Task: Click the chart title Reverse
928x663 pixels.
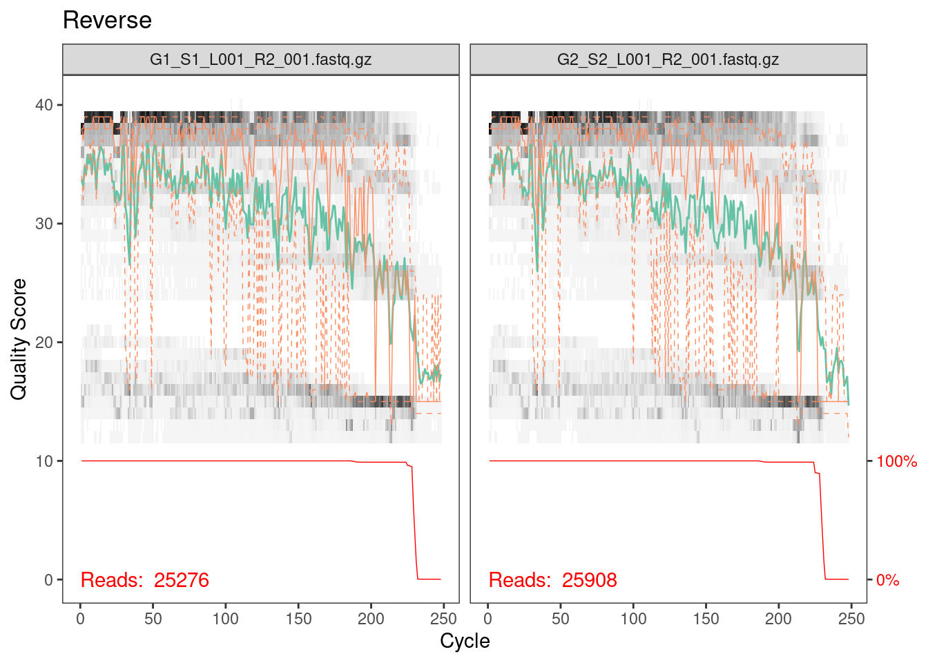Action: (107, 20)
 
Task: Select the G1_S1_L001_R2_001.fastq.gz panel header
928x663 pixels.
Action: (261, 59)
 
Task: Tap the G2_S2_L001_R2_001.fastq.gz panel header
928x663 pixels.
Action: (668, 59)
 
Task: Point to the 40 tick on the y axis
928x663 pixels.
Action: (44, 105)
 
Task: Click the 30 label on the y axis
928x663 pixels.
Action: (44, 224)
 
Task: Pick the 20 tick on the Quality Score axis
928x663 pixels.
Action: (44, 343)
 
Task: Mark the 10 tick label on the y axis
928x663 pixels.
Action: (44, 461)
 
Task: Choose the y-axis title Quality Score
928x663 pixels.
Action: (19, 339)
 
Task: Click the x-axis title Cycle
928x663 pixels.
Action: (465, 641)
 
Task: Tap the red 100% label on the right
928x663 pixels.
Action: (896, 461)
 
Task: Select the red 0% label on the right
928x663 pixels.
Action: (888, 580)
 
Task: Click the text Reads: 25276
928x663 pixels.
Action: (145, 580)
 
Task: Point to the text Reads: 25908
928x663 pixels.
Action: (553, 580)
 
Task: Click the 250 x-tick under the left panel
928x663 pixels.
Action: (443, 619)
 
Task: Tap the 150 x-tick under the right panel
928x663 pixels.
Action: (706, 619)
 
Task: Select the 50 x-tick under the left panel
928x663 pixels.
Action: (153, 619)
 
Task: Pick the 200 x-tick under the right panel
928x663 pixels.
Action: (778, 619)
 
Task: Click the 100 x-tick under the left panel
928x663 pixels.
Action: (226, 619)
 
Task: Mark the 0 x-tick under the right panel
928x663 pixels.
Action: (488, 619)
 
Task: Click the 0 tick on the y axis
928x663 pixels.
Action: (48, 580)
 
